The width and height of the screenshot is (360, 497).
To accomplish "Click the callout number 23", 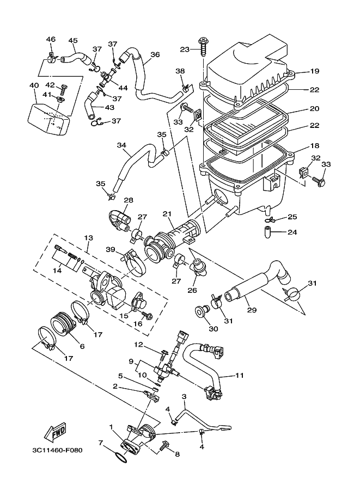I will (184, 50).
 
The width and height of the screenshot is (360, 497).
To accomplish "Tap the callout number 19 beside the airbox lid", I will (315, 71).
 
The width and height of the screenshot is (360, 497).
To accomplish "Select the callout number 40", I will (33, 85).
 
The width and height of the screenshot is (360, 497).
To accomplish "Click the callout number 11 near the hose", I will (240, 376).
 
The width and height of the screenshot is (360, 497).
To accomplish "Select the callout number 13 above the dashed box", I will (89, 238).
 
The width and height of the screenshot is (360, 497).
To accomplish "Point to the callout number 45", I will (73, 40).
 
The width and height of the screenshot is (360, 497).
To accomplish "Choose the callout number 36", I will (155, 55).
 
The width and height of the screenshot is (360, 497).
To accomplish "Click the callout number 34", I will (121, 145).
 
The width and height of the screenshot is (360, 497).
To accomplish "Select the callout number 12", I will (138, 344).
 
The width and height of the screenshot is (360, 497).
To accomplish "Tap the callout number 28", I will (129, 200).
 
